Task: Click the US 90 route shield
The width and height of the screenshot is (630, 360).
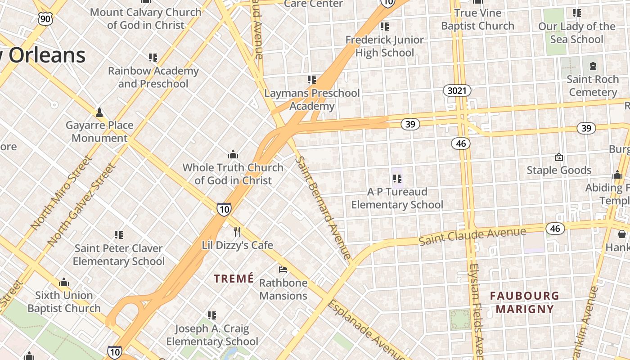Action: pos(45,18)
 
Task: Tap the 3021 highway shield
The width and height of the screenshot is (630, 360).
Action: pos(457,91)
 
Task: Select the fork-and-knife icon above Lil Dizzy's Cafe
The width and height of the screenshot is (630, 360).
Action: pos(237,232)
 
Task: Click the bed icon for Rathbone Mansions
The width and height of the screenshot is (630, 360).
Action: pos(283,270)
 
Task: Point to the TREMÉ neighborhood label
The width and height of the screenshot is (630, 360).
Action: pos(234,279)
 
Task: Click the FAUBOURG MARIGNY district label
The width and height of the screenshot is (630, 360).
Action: pos(524,302)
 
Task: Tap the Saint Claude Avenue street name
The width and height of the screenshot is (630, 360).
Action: pos(472,236)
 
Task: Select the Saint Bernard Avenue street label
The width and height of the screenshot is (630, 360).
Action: pos(323,208)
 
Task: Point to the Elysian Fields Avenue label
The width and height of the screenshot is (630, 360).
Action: pos(476,310)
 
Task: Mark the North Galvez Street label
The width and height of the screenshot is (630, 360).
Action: pos(81,205)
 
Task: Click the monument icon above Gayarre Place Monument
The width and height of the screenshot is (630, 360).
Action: pos(99,112)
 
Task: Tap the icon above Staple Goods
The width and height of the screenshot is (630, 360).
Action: pos(559,157)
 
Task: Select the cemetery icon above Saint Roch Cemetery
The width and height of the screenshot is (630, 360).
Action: pos(593,67)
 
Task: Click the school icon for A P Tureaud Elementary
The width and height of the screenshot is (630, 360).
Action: pos(397,179)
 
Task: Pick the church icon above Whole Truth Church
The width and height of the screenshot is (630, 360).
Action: pos(233,154)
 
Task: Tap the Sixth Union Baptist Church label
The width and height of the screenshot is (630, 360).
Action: pos(64,302)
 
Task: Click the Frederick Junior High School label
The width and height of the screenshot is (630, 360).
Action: pos(385,46)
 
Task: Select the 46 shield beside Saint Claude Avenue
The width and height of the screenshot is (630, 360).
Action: pos(555,229)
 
